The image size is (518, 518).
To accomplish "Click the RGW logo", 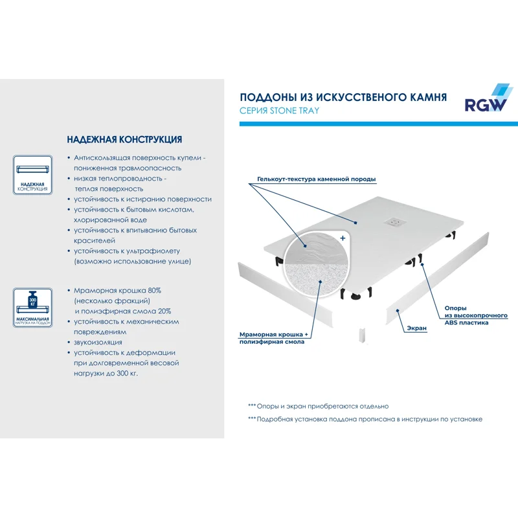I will pos(485,100).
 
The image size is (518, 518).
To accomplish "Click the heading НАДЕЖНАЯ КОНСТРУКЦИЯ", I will pos(124,139).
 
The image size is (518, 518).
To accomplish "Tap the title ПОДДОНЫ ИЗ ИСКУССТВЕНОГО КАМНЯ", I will pos(343,97).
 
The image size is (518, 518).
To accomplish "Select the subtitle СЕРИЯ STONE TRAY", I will pos(279,111).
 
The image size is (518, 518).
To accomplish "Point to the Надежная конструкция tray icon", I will pos(32,174).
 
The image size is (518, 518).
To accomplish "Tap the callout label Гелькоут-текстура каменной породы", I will pos(316,179).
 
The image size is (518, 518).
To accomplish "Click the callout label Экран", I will pos(416,328).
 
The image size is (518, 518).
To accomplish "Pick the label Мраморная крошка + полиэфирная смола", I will pos(275,337).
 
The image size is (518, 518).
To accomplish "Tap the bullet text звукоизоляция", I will pos(98,342).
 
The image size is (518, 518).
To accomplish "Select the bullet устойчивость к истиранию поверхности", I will pos(142,199).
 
